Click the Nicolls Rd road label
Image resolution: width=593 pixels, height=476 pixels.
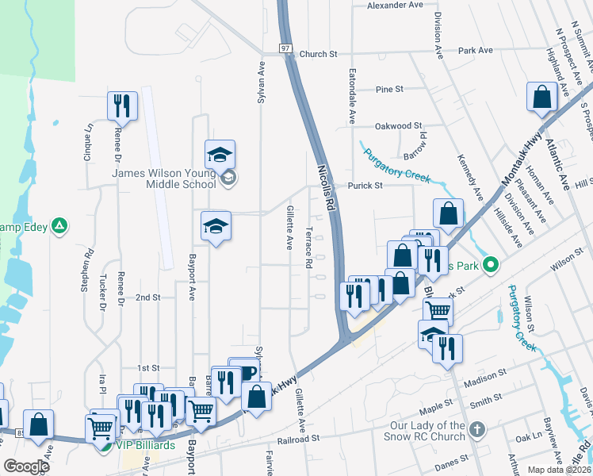(327, 187)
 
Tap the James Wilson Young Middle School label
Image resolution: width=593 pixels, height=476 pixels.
(164, 178)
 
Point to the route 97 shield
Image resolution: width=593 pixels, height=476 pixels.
(285, 49)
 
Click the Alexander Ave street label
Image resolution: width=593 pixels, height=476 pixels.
(395, 5)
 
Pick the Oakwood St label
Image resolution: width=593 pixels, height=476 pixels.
(398, 125)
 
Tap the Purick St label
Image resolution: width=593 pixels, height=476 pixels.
(365, 186)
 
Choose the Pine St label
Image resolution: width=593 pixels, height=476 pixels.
(389, 89)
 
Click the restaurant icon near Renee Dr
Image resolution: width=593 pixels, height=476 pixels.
(122, 106)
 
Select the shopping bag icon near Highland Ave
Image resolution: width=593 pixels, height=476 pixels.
(542, 98)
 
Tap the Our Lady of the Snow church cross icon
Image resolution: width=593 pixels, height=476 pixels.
(476, 429)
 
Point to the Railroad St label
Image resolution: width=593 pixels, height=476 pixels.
(297, 437)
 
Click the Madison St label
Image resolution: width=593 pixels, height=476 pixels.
(484, 375)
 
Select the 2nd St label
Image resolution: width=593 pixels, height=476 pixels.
(147, 297)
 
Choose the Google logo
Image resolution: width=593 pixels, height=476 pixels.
(26, 466)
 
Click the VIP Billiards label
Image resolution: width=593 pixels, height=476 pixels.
(146, 445)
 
